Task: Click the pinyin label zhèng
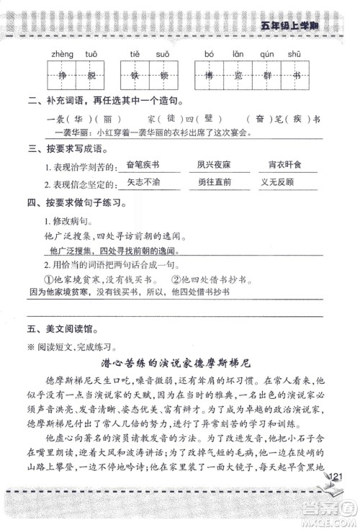click(x=60, y=54)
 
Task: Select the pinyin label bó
click(x=210, y=54)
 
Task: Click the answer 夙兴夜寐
click(x=214, y=166)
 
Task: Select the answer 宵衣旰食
click(x=276, y=166)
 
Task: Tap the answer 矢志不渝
click(x=143, y=183)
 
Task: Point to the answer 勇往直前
click(x=214, y=183)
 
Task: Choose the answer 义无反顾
click(x=276, y=183)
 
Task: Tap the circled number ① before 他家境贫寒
click(x=49, y=279)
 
